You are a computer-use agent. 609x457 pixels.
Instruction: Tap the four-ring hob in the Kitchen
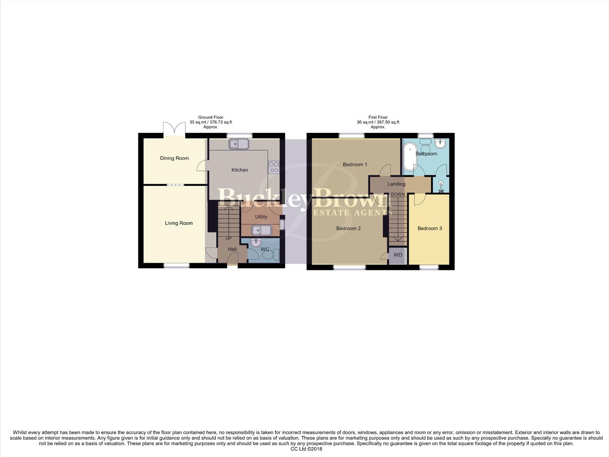pyautogui.click(x=273, y=167)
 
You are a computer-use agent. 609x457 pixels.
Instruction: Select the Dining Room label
pyautogui.click(x=174, y=158)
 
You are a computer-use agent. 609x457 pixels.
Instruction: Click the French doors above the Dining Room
pyautogui.click(x=175, y=129)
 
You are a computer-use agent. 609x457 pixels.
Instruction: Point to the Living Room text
pyautogui.click(x=179, y=223)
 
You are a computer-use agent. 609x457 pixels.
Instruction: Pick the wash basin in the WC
pyautogui.click(x=256, y=242)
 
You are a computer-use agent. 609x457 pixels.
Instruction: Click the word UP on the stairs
pyautogui.click(x=228, y=239)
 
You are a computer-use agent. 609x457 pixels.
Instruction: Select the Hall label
pyautogui.click(x=232, y=249)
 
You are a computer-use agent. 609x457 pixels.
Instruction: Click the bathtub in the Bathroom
pyautogui.click(x=409, y=157)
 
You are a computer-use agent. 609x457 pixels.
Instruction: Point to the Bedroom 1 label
pyautogui.click(x=355, y=164)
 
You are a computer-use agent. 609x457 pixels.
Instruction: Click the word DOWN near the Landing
pyautogui.click(x=398, y=194)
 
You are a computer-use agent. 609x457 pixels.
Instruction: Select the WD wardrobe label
pyautogui.click(x=398, y=255)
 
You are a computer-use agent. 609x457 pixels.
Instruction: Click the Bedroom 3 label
pyautogui.click(x=429, y=228)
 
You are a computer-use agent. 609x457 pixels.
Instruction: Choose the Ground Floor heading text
pyautogui.click(x=210, y=117)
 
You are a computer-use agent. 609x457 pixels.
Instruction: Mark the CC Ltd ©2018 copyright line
pyautogui.click(x=306, y=449)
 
